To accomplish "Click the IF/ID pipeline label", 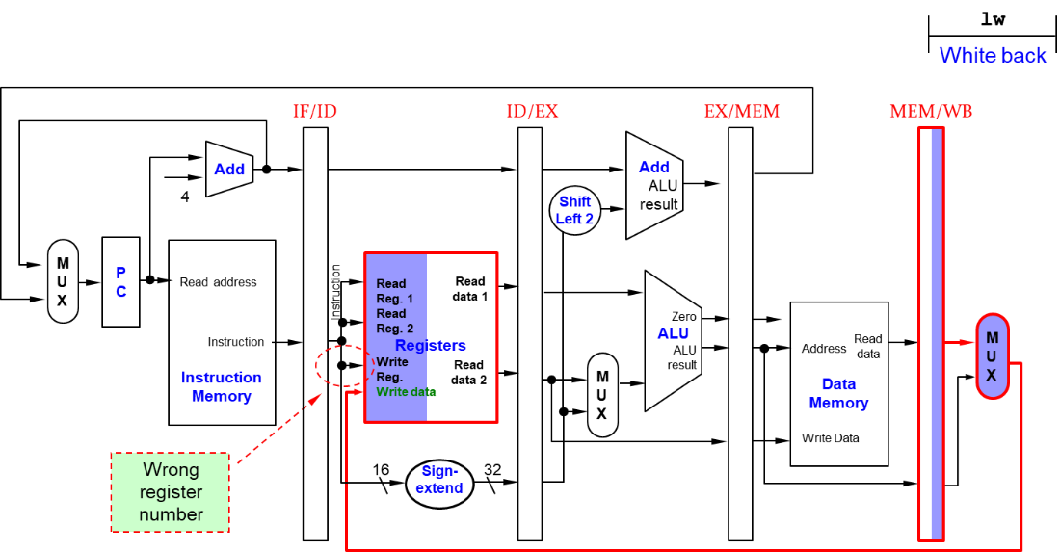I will [315, 111].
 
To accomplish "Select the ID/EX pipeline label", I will [532, 111].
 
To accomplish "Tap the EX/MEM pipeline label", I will [741, 111].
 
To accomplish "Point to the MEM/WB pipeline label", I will [930, 111].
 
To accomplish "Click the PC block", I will [120, 281].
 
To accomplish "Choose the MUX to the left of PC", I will [63, 281].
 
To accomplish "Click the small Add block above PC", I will [229, 170].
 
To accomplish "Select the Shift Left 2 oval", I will [574, 210].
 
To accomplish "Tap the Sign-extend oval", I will [439, 481].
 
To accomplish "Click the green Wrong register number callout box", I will [171, 492].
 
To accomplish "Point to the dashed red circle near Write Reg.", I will [344, 366].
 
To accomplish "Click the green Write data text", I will [406, 392].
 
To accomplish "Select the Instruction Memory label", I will [221, 386].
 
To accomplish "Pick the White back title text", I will [992, 55].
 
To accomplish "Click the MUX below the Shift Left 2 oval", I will [602, 395].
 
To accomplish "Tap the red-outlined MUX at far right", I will [992, 356].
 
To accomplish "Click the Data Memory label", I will [838, 394].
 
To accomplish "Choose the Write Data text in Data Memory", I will [830, 438].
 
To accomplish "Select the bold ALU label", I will [673, 333].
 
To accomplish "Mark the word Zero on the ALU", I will [683, 316].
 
